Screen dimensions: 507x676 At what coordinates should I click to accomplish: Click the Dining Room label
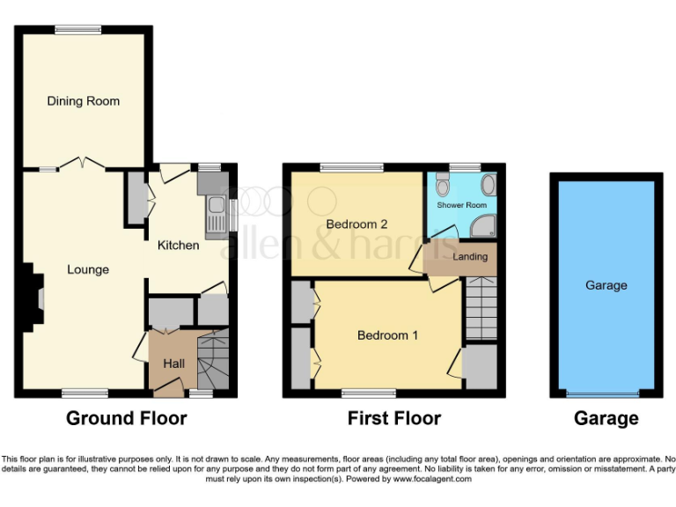[83, 101]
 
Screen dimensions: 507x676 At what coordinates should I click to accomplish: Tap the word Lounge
[88, 269]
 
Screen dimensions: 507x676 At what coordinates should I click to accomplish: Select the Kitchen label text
[178, 245]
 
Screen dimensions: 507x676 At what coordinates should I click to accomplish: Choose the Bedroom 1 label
[383, 335]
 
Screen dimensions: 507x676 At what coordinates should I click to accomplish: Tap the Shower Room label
[462, 206]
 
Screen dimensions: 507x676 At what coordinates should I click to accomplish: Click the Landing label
[469, 257]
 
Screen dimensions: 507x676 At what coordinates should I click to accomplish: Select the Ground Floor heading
[127, 418]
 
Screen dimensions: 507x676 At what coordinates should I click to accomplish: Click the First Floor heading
[394, 418]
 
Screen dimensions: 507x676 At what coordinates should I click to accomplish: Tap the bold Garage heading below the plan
[606, 418]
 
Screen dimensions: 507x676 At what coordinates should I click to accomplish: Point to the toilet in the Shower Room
[443, 187]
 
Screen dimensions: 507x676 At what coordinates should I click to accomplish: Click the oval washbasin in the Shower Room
[489, 184]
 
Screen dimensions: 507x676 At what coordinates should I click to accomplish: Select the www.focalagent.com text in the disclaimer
[432, 480]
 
